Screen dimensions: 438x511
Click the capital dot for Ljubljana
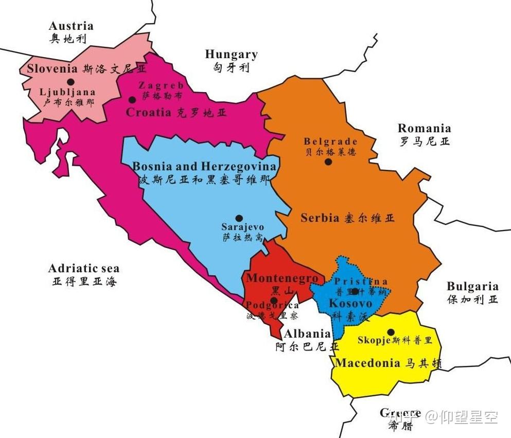coord(71,82)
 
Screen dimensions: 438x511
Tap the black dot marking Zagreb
coord(132,99)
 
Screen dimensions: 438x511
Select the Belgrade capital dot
coord(328,162)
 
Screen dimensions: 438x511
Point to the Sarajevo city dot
coord(239,218)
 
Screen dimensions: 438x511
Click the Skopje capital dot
coord(391,332)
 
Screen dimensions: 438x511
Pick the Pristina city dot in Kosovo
coord(355,291)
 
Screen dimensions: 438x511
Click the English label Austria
coord(71,26)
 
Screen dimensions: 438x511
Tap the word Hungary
coord(231,54)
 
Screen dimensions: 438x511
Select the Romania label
coord(424,128)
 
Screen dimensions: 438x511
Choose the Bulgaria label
coord(472,286)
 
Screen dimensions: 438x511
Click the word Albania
coord(307,334)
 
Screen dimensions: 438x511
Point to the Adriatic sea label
coord(83,268)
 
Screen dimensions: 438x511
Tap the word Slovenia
coord(52,68)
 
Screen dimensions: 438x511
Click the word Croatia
coord(148,112)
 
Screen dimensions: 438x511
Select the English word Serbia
coord(320,218)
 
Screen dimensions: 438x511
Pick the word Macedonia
coord(367,363)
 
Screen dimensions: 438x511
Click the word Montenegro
coord(282,278)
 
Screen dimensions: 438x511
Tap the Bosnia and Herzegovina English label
coord(204,166)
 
